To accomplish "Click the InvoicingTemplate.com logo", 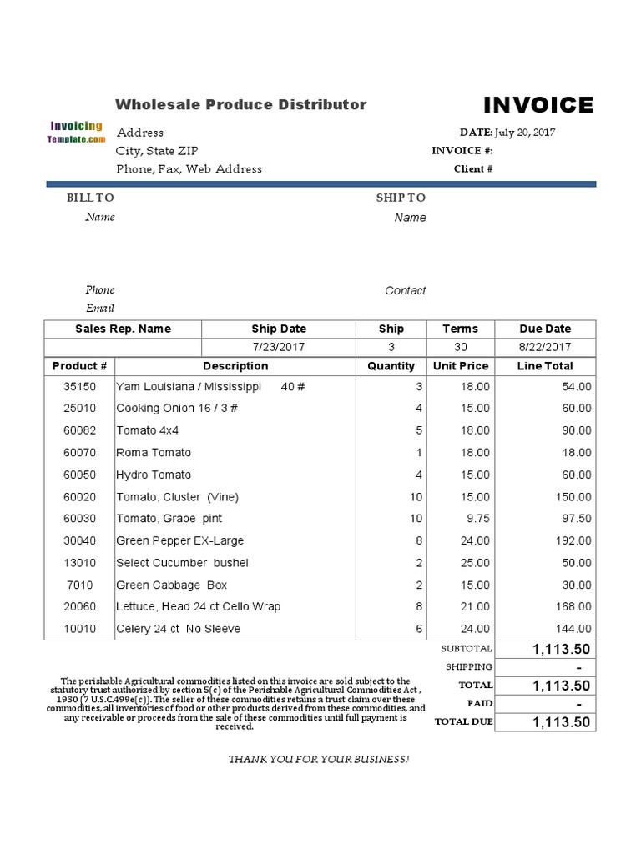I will click(76, 133).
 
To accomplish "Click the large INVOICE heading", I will click(538, 105).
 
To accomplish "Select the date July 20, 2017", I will click(525, 132).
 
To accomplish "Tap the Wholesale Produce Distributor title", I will click(240, 104).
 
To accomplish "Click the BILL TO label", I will click(90, 198).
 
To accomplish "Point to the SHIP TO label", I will click(401, 198).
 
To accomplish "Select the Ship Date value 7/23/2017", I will click(279, 347).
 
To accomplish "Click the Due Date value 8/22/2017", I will click(545, 347).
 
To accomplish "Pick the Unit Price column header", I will click(460, 366).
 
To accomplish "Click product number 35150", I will click(79, 387).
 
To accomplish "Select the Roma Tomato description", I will click(154, 453).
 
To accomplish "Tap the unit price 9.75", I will click(475, 519).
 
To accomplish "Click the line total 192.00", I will click(573, 540).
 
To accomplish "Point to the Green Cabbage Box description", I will click(171, 585).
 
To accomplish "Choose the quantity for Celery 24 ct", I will click(419, 629).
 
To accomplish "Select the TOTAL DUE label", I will click(463, 721).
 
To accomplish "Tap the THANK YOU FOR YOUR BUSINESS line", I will click(319, 759).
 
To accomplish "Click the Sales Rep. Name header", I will click(123, 329).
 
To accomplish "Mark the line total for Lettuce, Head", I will click(573, 606).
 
